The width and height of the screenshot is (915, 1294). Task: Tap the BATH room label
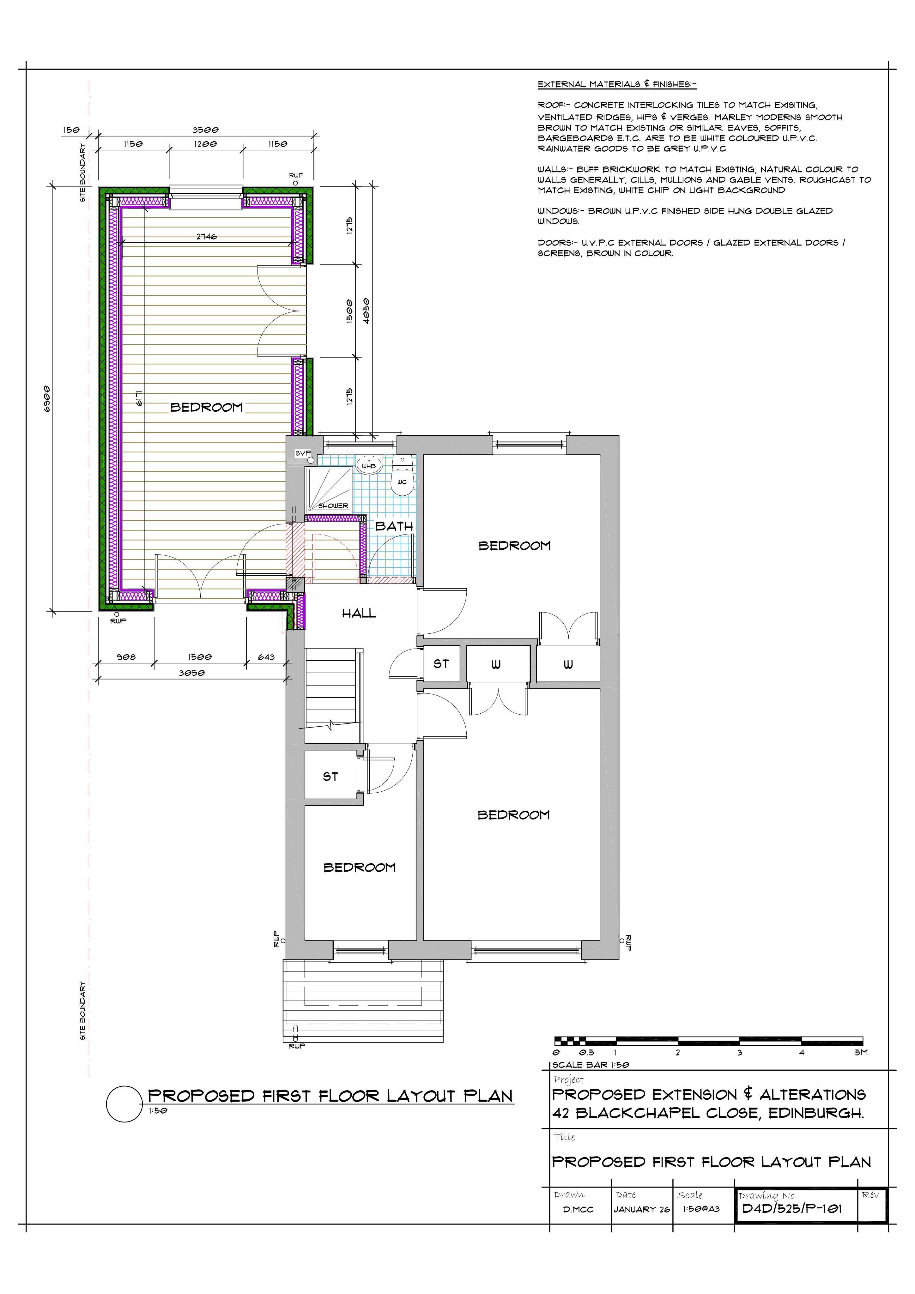click(394, 526)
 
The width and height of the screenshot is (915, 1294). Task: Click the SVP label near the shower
click(303, 453)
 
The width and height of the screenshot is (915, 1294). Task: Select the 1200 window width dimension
click(206, 144)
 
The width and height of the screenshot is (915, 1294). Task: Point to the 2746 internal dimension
click(206, 237)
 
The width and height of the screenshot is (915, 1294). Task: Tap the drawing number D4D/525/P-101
click(791, 1208)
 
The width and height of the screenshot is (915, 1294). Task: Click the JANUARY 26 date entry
click(642, 1209)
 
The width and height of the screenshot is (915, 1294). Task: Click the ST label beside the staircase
click(330, 776)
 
